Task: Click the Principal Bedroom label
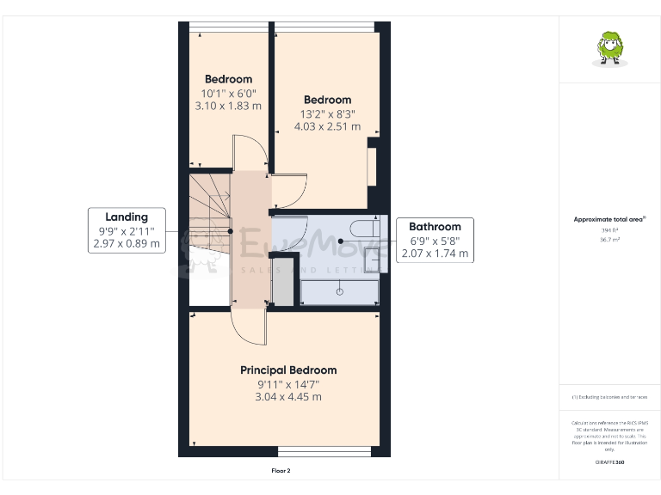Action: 288,370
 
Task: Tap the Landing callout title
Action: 127,217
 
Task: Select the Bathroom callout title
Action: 435,227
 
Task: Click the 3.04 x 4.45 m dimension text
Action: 288,397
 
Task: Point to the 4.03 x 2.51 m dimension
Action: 327,126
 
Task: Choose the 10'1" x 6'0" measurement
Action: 228,93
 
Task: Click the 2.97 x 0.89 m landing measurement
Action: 127,244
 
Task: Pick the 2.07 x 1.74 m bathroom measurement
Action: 435,254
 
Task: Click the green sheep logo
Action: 610,47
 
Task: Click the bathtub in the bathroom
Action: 340,291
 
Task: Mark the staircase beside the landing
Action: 209,215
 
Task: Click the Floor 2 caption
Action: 281,471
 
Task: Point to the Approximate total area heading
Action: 608,220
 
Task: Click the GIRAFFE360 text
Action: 609,462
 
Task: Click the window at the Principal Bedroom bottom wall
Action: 324,451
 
